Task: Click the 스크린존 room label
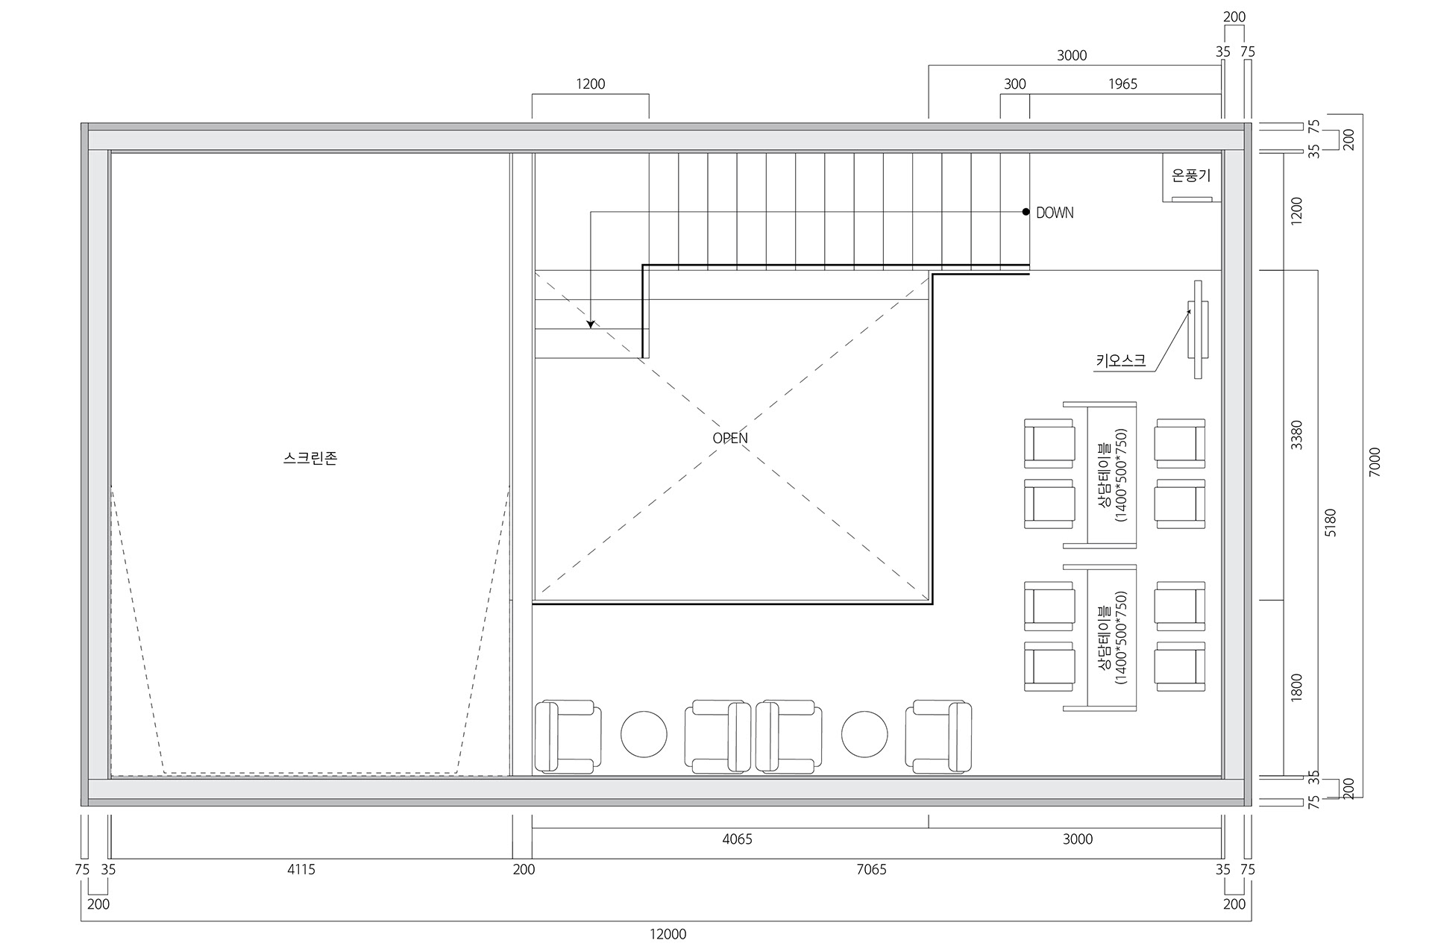tap(310, 458)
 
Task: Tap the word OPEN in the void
tap(730, 438)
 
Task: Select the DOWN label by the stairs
tap(1055, 213)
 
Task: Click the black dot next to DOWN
tap(1026, 212)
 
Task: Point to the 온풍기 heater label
tap(1191, 176)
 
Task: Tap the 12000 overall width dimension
tap(668, 934)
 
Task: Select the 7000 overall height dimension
tap(1375, 463)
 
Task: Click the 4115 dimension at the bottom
tap(301, 869)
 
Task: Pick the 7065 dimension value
tap(871, 869)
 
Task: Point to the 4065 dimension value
tap(737, 839)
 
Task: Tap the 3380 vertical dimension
tap(1296, 435)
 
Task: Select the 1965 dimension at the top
tap(1122, 84)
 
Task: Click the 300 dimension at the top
tap(1014, 84)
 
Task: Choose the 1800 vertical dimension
tap(1296, 687)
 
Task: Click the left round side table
tap(644, 734)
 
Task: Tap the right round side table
tap(864, 734)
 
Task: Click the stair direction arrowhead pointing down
tap(591, 325)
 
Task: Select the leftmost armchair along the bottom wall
tap(568, 736)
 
